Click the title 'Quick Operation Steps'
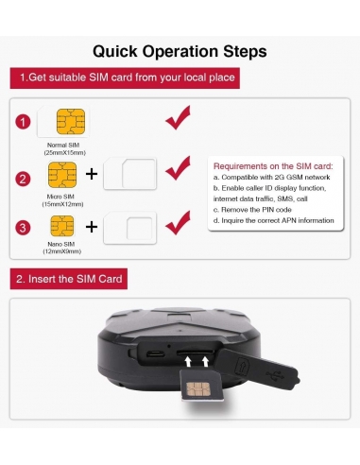[x=180, y=50]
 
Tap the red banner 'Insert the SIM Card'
[x=69, y=279]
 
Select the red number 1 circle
[x=25, y=123]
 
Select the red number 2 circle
[x=25, y=177]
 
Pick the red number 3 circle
[x=25, y=228]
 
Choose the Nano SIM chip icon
[x=61, y=225]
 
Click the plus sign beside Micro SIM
[x=92, y=174]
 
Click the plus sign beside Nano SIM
[x=92, y=227]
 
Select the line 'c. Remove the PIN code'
[x=251, y=210]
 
